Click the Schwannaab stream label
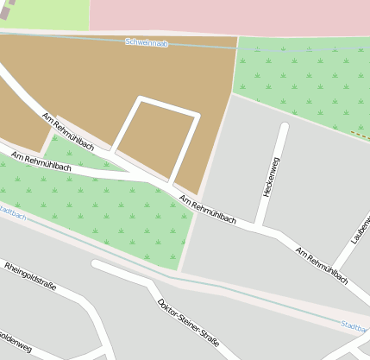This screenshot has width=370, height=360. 147,42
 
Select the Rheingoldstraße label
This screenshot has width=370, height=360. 30,276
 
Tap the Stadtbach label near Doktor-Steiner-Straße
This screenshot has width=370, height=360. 354,327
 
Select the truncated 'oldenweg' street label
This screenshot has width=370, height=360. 16,344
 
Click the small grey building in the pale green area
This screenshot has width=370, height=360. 7,10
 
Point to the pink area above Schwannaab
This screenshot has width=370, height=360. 224,16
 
